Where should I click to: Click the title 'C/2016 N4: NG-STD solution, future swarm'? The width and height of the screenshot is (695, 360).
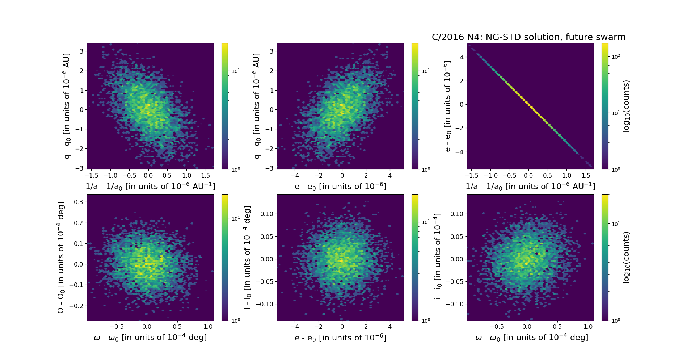528,37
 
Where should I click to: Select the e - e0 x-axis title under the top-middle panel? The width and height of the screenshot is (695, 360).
340,186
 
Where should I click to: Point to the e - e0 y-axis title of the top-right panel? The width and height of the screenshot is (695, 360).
447,106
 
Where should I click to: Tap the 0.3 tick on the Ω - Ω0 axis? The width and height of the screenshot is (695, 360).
79,202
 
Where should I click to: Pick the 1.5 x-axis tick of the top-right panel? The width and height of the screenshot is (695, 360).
585,176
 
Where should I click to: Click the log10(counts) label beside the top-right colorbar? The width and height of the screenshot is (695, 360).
626,106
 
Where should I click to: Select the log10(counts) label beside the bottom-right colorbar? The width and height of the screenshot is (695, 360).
626,258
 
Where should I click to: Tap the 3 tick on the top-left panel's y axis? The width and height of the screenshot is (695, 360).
81,51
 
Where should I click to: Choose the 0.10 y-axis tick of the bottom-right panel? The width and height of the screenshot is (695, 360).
457,214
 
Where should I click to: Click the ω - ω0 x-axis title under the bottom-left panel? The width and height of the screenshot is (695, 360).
150,338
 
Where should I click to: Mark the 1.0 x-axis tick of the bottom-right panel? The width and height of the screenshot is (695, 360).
588,327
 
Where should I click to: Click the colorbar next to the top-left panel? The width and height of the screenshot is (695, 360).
225,106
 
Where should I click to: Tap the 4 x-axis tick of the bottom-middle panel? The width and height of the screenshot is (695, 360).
390,327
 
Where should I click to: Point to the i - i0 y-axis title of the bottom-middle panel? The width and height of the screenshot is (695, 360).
248,258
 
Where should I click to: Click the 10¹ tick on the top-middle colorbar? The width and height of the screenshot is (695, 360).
426,71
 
